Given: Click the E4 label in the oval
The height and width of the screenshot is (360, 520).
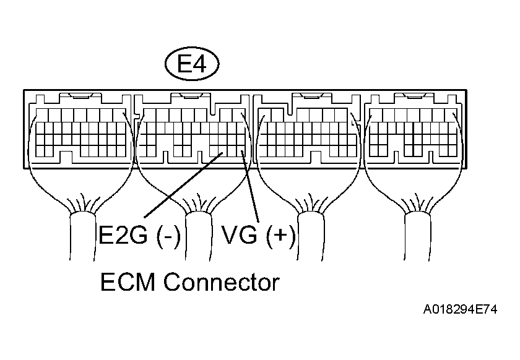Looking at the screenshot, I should (191, 65).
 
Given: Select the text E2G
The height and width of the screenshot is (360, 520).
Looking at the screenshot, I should (122, 236).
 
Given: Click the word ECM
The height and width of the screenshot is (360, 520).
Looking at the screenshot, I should (128, 283).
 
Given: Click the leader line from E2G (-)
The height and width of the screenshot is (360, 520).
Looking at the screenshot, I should (183, 186).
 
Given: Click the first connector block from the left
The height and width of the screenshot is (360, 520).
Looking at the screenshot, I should (80, 130).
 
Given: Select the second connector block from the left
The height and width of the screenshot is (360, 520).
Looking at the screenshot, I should (192, 130).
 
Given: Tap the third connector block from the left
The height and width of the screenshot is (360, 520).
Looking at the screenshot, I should (307, 130).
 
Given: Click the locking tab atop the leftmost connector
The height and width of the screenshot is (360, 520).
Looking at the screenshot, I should (80, 96).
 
